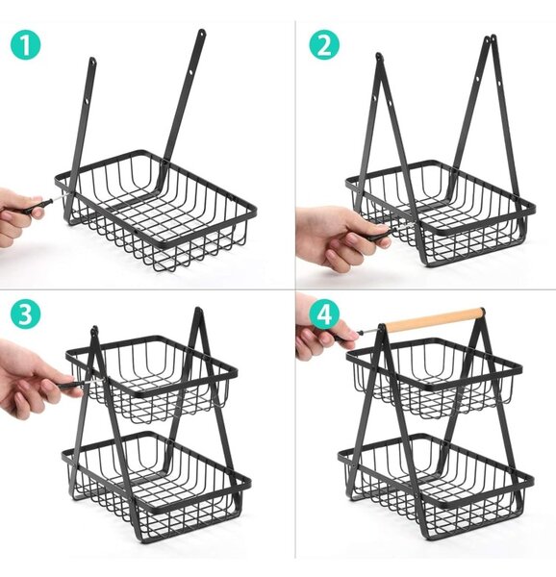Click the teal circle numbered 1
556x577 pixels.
click(x=25, y=44)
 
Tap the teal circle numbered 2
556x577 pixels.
click(x=324, y=44)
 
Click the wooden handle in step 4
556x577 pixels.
click(x=434, y=320)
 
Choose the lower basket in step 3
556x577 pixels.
click(x=157, y=482)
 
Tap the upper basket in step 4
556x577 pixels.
click(x=434, y=379)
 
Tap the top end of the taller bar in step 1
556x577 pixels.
click(x=202, y=33)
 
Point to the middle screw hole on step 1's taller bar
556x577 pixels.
click(x=191, y=73)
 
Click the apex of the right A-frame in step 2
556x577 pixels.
click(x=491, y=38)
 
